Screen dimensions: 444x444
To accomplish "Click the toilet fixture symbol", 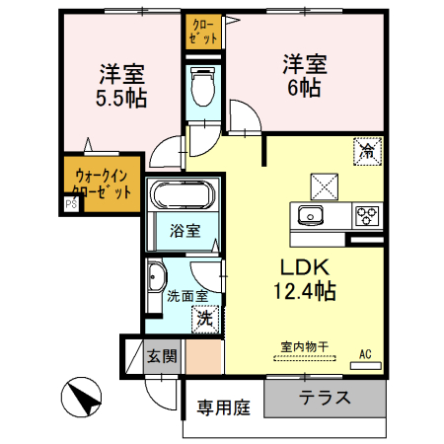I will point(204,89).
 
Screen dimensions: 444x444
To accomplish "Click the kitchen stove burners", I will point(367,214).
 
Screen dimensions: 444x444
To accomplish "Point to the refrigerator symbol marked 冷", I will point(366,151).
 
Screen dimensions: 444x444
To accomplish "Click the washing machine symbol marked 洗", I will point(202,318).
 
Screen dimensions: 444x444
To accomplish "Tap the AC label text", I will point(365,353).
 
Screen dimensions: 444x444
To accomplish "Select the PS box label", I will point(71,205).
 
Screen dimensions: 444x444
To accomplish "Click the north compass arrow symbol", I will point(82,401).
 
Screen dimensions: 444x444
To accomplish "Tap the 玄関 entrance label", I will point(162,356).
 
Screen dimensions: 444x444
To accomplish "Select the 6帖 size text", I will point(303,88).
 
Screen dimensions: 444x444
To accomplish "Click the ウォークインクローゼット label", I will point(103,185).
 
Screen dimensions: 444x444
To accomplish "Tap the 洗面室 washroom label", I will point(186,295).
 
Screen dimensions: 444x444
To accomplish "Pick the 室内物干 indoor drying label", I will point(303,346).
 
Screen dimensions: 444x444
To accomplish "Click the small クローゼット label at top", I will point(202,32).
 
